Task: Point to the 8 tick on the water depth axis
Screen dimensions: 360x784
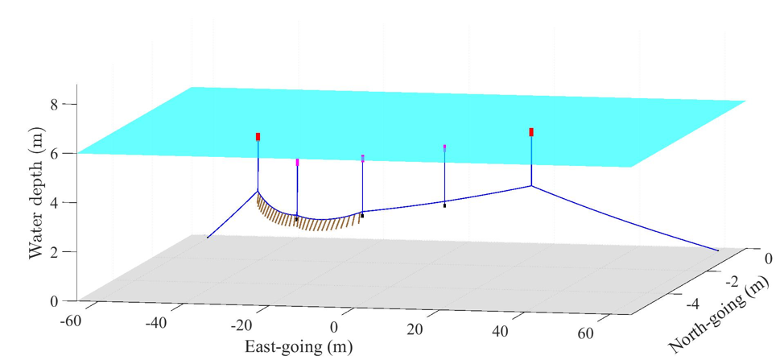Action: [x=56, y=104]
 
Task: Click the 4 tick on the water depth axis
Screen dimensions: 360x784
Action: [x=56, y=202]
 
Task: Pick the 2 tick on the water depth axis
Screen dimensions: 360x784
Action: [x=56, y=251]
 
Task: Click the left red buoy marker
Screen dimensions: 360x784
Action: [x=258, y=137]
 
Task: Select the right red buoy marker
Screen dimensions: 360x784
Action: [x=531, y=132]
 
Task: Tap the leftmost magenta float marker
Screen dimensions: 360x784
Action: [x=297, y=163]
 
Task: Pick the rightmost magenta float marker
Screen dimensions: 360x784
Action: [x=445, y=147]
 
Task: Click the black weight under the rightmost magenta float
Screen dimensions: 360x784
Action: [x=445, y=205]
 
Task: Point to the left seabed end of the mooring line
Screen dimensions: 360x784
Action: [x=208, y=238]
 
